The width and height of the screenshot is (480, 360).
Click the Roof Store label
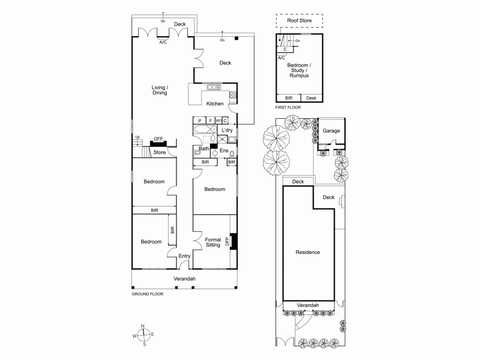point(299,20)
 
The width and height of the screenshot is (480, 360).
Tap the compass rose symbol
point(143,335)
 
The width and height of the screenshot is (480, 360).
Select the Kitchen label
point(215,104)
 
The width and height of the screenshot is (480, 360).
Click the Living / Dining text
point(160,90)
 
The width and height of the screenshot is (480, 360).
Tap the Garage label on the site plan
point(331,130)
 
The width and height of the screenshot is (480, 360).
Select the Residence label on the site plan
point(308,252)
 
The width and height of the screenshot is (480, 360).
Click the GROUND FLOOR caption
point(147,294)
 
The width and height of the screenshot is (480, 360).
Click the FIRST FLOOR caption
point(289,107)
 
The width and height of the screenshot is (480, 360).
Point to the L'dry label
point(227,130)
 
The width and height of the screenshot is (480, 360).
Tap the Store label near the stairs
point(159,152)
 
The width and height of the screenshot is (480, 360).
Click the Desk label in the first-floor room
point(311,98)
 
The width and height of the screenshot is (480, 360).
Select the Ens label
point(223,150)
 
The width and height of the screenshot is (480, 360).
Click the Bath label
point(204,148)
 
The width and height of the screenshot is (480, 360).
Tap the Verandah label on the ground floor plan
point(185,279)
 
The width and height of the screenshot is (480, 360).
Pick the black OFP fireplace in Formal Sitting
point(234,241)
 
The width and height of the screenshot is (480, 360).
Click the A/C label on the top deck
point(163,42)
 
